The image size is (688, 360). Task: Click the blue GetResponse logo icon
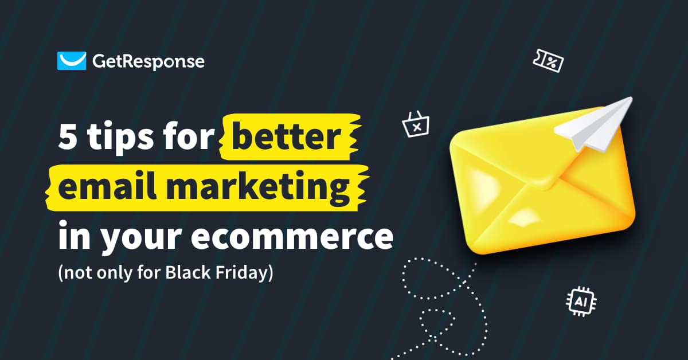pos(71,61)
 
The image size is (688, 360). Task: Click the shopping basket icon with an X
pos(416,124)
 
